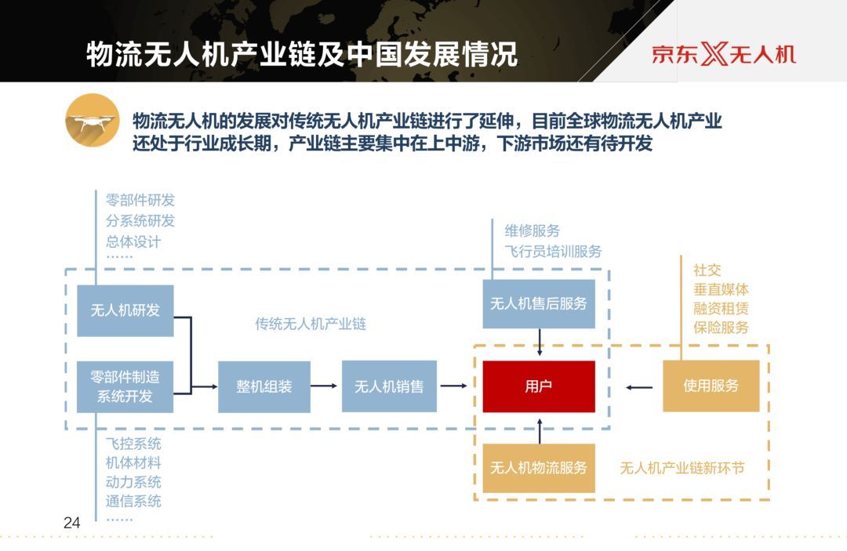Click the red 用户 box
click(539, 386)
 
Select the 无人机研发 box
click(125, 310)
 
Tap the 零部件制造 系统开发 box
click(125, 386)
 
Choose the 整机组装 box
click(264, 386)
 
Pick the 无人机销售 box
click(389, 386)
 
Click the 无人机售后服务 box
click(539, 303)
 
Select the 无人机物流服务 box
click(539, 469)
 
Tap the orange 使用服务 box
click(711, 386)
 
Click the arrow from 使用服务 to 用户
click(640, 386)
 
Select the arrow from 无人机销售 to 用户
click(453, 386)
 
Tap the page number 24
click(72, 523)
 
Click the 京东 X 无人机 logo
click(724, 54)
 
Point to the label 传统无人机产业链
click(311, 324)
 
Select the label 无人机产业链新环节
click(682, 469)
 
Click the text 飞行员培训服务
click(554, 252)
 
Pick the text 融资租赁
click(721, 308)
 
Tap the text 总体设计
click(133, 241)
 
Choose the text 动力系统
click(133, 482)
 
